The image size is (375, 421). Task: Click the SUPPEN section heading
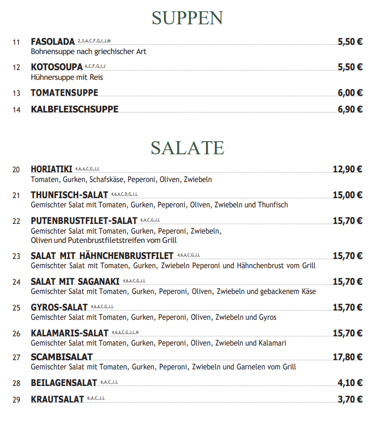(187, 18)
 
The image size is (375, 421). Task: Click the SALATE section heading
(187, 147)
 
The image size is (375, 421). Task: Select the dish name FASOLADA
(53, 41)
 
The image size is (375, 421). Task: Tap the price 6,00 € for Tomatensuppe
(350, 93)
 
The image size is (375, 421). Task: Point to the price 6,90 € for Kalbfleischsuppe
(350, 110)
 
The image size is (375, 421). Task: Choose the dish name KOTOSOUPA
(56, 67)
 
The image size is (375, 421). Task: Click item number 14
(17, 110)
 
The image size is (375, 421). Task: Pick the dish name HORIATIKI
(51, 169)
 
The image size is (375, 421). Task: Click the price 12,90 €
(347, 169)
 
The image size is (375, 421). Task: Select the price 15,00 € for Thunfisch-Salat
(347, 195)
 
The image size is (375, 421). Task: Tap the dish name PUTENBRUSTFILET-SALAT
(84, 221)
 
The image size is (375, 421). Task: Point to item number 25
(17, 308)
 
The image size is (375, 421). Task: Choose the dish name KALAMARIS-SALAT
(69, 333)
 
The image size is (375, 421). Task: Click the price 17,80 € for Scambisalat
(347, 357)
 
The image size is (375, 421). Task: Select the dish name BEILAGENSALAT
(64, 383)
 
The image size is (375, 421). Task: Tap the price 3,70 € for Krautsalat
(350, 400)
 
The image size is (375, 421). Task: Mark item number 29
(17, 400)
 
